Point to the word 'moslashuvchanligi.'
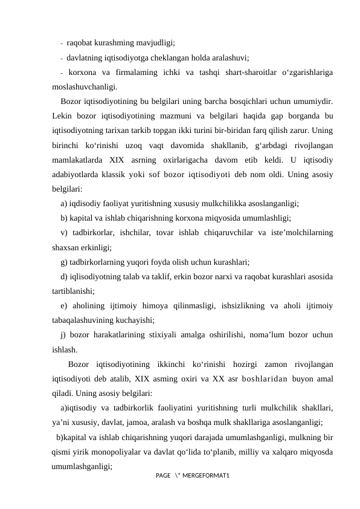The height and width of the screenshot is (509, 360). point(85,86)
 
